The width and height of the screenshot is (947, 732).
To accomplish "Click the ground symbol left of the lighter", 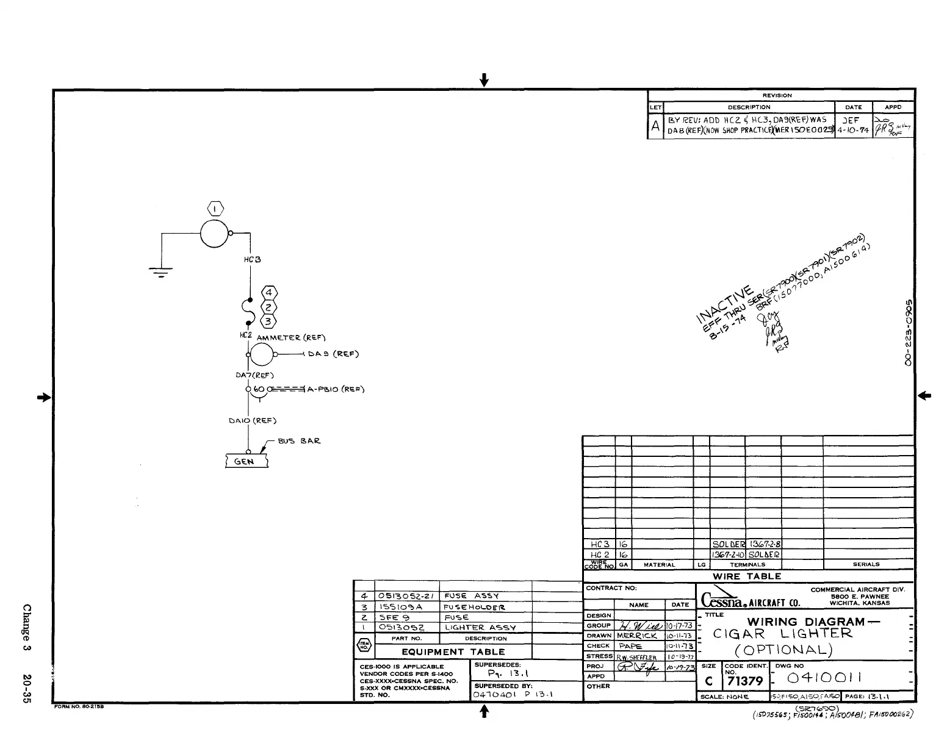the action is pos(160,272).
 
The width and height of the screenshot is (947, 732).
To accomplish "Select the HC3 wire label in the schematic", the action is pos(253,260).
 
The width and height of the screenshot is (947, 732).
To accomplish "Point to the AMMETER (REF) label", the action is pos(291,337).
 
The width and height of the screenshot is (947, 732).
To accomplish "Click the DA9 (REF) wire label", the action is pos(333,354).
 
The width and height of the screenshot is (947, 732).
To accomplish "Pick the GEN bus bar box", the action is pos(247,461).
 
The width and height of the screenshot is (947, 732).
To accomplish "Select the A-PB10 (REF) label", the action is pos(336,389).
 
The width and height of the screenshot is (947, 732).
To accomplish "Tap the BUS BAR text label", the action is pos(299,440).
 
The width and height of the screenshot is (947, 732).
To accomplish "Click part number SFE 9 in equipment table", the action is pos(395,617).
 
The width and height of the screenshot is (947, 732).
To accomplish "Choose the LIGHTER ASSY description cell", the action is pos(480,627).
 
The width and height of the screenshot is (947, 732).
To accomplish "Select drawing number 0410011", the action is pos(824,678).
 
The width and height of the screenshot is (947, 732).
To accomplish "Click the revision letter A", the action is pos(655,126).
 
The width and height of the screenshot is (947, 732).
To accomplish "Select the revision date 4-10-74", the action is pos(853,131).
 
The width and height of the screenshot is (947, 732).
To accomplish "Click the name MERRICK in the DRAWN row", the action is pos(637,636).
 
